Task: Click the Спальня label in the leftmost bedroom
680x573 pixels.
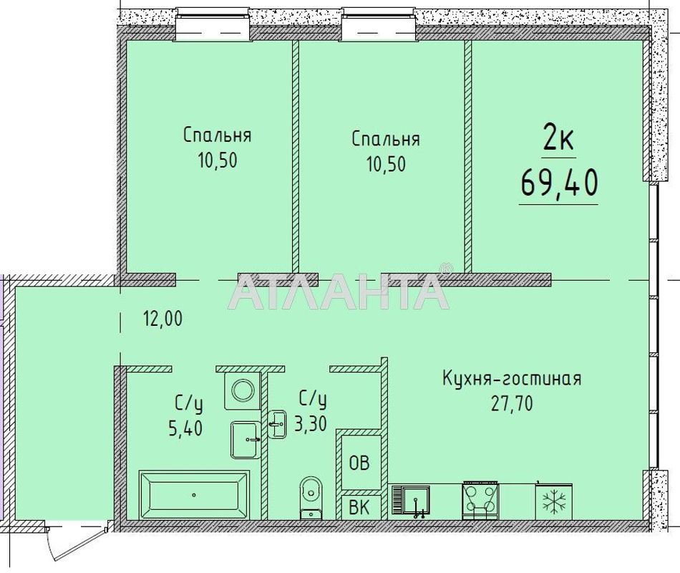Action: [217, 135]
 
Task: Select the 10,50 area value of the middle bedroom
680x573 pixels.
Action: [386, 164]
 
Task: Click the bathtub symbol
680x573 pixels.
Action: [193, 493]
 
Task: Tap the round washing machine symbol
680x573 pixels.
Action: [242, 390]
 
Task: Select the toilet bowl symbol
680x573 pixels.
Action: [310, 493]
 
